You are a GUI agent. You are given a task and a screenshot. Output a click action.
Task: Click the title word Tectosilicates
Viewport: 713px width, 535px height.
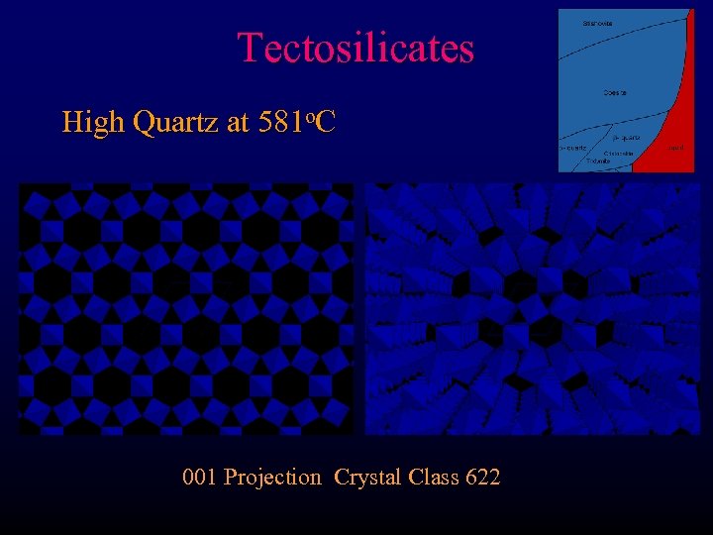356,48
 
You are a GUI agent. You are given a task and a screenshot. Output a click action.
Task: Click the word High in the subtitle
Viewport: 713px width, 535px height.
92,123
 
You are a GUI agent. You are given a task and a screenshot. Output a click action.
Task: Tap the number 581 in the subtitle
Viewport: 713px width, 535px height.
279,123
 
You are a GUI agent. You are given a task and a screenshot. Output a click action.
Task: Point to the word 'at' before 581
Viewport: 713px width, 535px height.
238,124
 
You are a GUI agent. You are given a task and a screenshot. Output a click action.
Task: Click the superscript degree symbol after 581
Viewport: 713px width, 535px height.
310,116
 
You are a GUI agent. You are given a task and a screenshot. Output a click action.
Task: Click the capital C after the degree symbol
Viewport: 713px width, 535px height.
326,123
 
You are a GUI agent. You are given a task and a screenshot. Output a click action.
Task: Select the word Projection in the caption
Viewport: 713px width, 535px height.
273,478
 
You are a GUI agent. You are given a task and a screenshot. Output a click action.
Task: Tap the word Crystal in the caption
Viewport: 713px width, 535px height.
367,478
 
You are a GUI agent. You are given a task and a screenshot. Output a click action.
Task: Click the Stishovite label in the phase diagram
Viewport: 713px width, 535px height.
597,23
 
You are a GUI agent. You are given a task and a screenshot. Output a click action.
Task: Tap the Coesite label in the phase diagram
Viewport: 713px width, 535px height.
614,93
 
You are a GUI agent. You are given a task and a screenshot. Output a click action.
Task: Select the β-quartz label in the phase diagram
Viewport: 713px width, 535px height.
625,138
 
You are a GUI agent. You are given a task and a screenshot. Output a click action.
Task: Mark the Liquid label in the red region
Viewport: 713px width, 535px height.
675,149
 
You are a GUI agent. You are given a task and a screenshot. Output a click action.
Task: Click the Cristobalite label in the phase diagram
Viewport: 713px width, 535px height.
619,154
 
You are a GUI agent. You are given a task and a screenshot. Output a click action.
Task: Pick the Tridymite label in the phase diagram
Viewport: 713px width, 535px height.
598,161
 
